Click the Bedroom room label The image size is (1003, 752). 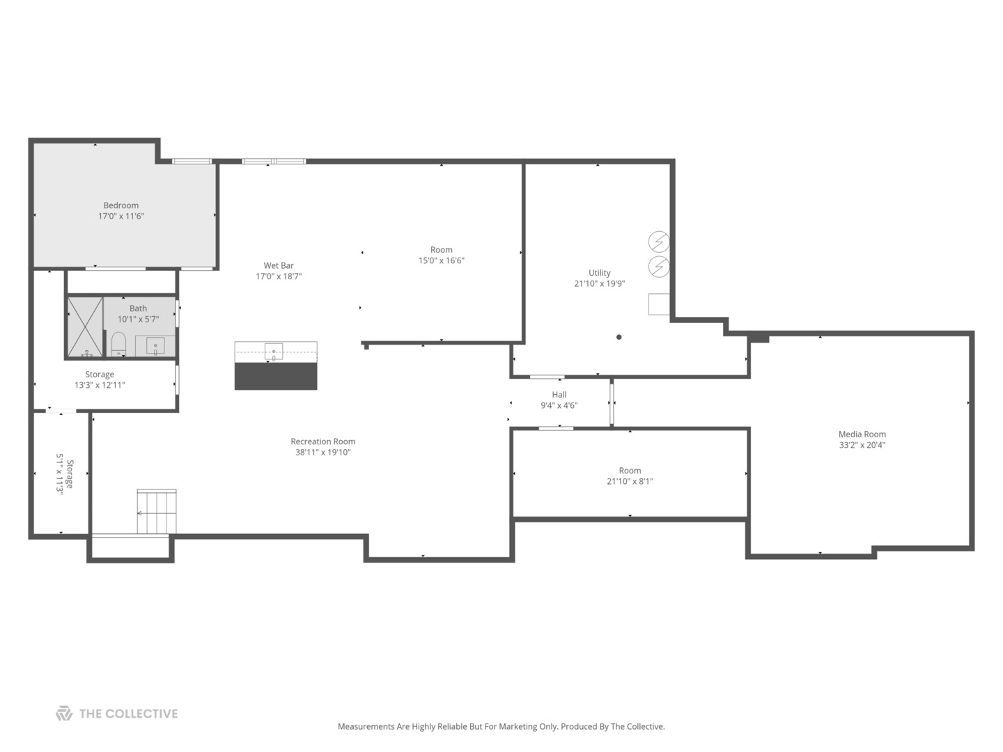(120, 205)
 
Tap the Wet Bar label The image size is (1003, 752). (279, 265)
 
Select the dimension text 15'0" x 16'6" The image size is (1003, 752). (441, 261)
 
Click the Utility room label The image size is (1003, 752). (599, 273)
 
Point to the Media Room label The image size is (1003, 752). (862, 434)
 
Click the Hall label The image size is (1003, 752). (559, 395)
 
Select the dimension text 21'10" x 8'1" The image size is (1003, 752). (630, 481)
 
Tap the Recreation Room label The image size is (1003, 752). (322, 441)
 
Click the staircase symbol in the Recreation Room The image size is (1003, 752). (156, 512)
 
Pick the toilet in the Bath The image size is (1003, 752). (118, 343)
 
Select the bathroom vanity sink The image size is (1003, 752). (155, 345)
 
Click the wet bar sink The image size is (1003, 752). (273, 351)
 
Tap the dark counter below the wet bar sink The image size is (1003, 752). (276, 376)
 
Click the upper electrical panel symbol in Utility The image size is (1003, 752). (659, 242)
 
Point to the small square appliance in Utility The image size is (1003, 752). (659, 304)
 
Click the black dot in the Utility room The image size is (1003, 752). (619, 337)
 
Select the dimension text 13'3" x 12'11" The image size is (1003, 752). (100, 385)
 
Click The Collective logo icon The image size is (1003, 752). (64, 714)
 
